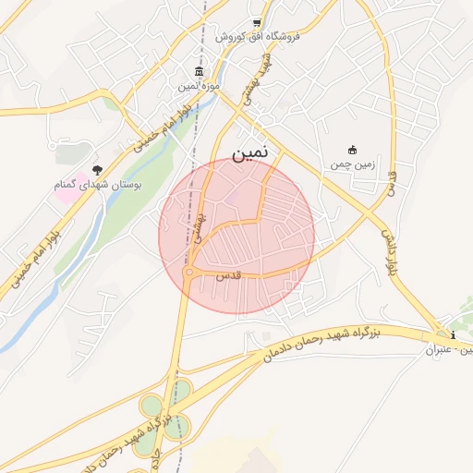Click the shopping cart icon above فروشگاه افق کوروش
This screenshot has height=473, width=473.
click(x=257, y=24)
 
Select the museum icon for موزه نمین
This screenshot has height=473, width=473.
click(x=200, y=73)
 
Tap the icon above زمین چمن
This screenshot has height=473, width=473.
click(x=352, y=150)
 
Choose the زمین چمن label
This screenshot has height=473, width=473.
click(x=351, y=164)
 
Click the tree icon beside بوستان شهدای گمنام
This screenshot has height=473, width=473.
click(x=98, y=170)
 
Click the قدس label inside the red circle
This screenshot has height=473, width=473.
click(x=227, y=275)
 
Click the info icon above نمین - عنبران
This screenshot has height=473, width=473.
click(x=453, y=335)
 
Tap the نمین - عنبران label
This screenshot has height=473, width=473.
click(x=450, y=350)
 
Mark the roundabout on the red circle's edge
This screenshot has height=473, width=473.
click(x=188, y=273)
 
